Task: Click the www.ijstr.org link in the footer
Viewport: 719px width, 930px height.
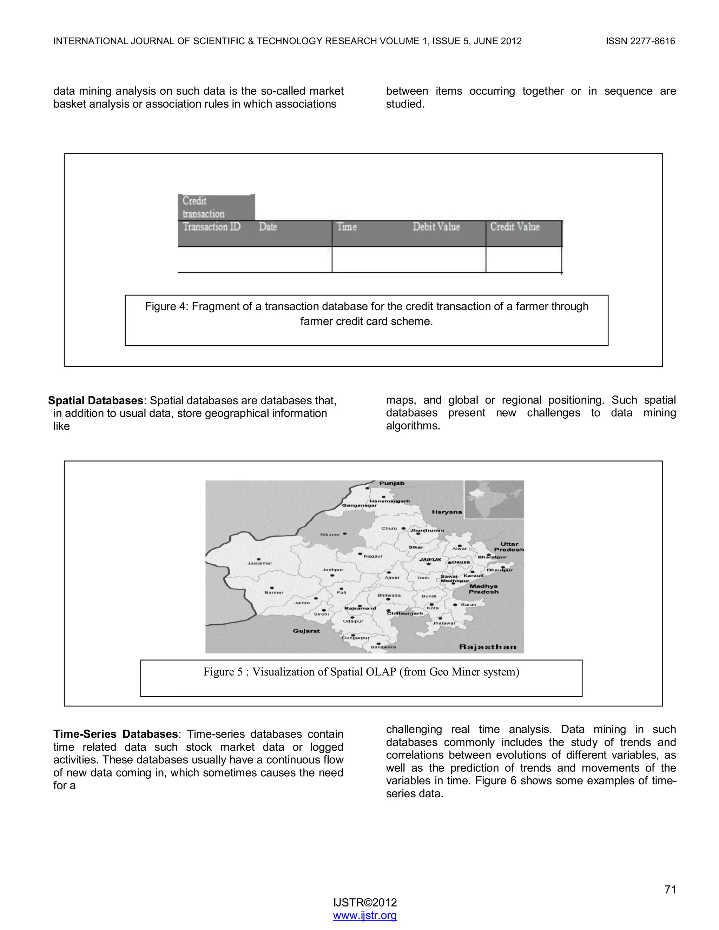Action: coord(365,915)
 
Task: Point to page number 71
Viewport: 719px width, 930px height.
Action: coord(670,889)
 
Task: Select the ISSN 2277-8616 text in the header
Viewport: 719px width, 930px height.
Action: coord(640,41)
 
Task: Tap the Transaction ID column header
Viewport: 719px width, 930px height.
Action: coord(212,227)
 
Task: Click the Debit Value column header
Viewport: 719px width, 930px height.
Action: coord(436,227)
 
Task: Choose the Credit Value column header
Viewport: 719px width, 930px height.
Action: coord(515,227)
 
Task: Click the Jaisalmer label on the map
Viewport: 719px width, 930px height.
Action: coord(260,563)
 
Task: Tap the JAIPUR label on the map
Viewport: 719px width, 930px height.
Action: coord(430,559)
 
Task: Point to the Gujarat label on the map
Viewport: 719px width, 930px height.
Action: coord(306,631)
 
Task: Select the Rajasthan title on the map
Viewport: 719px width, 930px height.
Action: coord(488,647)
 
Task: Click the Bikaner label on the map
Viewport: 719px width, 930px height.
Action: coord(330,534)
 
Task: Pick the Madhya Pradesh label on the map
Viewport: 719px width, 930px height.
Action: coord(483,589)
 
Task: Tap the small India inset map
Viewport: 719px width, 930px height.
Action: coord(494,499)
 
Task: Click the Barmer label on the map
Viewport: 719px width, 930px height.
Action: coord(274,592)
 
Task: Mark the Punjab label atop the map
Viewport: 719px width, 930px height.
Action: coord(392,483)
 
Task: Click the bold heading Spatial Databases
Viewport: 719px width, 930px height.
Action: coord(95,401)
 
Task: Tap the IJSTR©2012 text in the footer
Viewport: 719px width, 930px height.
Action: coord(365,902)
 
